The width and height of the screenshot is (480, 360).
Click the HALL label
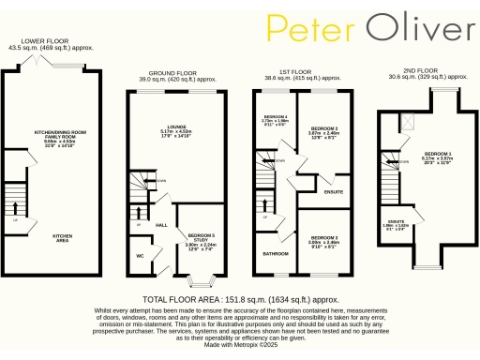coord(160,225)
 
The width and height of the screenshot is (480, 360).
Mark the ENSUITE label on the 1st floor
coord(333,193)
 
